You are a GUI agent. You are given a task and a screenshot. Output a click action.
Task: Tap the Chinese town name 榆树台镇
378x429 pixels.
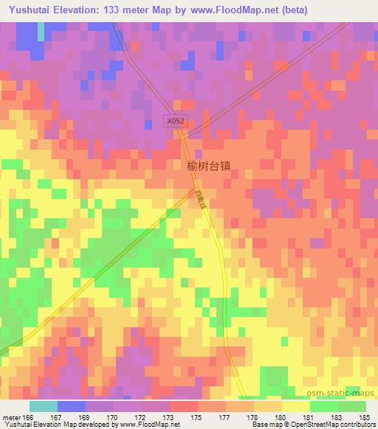coord(209,167)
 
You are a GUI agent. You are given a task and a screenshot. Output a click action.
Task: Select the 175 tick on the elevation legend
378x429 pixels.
coord(198,416)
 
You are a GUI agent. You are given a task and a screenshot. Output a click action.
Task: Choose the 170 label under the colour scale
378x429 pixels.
coord(114,416)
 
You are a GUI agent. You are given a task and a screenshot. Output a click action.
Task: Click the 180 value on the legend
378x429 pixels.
coord(282,416)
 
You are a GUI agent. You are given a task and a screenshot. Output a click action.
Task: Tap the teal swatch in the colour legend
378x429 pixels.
coord(44,406)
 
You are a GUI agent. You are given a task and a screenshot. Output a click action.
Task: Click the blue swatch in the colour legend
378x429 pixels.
coord(72,406)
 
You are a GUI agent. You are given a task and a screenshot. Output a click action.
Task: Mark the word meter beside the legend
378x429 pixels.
coord(10,416)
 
